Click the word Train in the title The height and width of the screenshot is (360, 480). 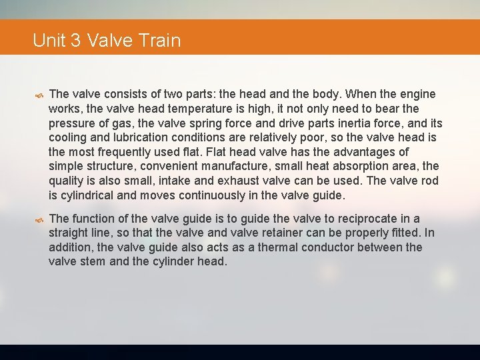pyautogui.click(x=161, y=41)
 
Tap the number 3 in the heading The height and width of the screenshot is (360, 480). pyautogui.click(x=75, y=41)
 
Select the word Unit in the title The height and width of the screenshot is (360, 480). pyautogui.click(x=49, y=41)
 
